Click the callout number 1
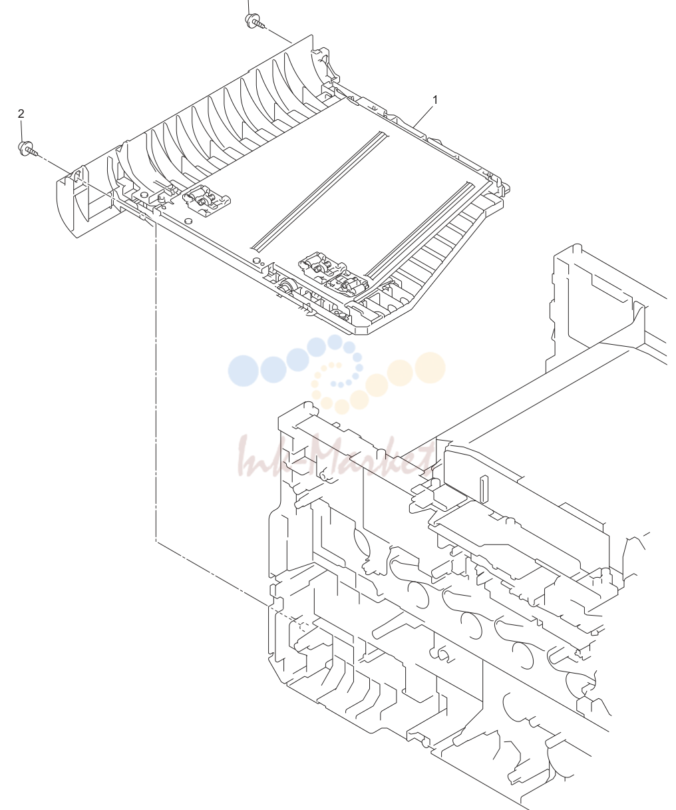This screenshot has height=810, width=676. [x=434, y=100]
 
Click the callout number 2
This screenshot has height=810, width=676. [x=21, y=114]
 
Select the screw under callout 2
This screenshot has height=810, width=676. [x=27, y=149]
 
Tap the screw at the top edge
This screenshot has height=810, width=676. [x=255, y=21]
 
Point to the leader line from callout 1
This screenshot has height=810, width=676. [x=424, y=116]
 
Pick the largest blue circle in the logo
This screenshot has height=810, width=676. [x=243, y=371]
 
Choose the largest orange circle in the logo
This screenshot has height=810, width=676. [x=430, y=367]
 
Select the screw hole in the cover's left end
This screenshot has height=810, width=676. [x=77, y=174]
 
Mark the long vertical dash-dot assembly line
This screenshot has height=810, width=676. [x=156, y=381]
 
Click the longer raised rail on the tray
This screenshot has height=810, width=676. [x=319, y=190]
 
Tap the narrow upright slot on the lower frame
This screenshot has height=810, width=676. [x=482, y=490]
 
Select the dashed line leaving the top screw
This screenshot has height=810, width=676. [x=279, y=35]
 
